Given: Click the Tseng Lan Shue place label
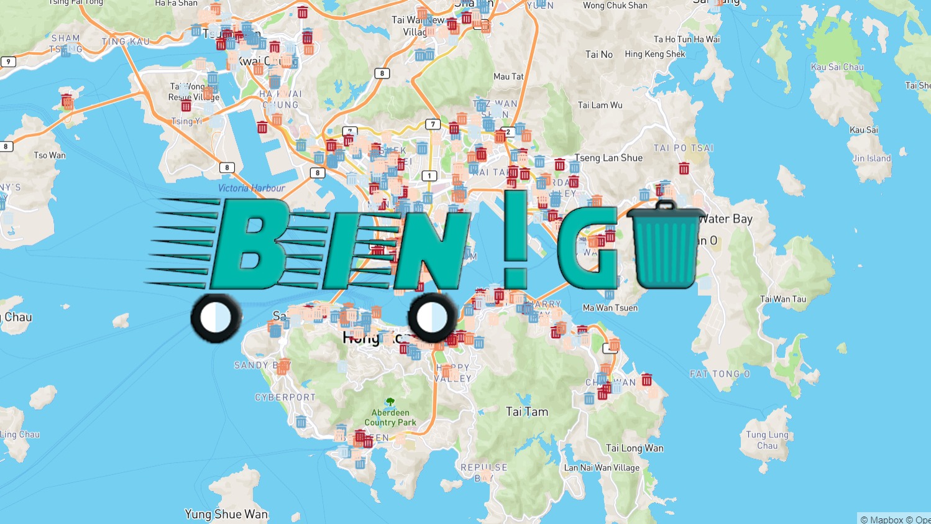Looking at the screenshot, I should pyautogui.click(x=608, y=158).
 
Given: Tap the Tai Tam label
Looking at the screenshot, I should pyautogui.click(x=527, y=411).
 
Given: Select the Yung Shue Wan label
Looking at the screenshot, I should pyautogui.click(x=226, y=514).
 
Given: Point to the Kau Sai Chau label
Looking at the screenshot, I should pyautogui.click(x=837, y=67).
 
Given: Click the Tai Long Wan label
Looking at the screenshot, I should pyautogui.click(x=635, y=448).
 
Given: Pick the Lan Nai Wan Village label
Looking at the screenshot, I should pyautogui.click(x=602, y=467).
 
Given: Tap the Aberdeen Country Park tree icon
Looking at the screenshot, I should pyautogui.click(x=390, y=402).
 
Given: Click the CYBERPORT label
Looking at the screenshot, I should pyautogui.click(x=285, y=397).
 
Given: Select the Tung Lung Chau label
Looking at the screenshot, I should pyautogui.click(x=767, y=440).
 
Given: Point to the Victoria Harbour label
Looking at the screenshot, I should pyautogui.click(x=252, y=188).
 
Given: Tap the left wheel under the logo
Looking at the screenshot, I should pyautogui.click(x=216, y=318).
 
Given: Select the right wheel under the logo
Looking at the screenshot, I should pyautogui.click(x=432, y=318).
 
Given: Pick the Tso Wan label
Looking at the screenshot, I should pyautogui.click(x=50, y=155).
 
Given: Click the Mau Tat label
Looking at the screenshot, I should pyautogui.click(x=508, y=76).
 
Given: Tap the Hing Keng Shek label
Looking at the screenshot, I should pyautogui.click(x=655, y=54).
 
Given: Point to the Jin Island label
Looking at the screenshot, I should pyautogui.click(x=871, y=159).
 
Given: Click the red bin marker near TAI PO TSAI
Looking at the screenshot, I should pyautogui.click(x=684, y=168).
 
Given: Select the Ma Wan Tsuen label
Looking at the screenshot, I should pyautogui.click(x=610, y=308).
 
